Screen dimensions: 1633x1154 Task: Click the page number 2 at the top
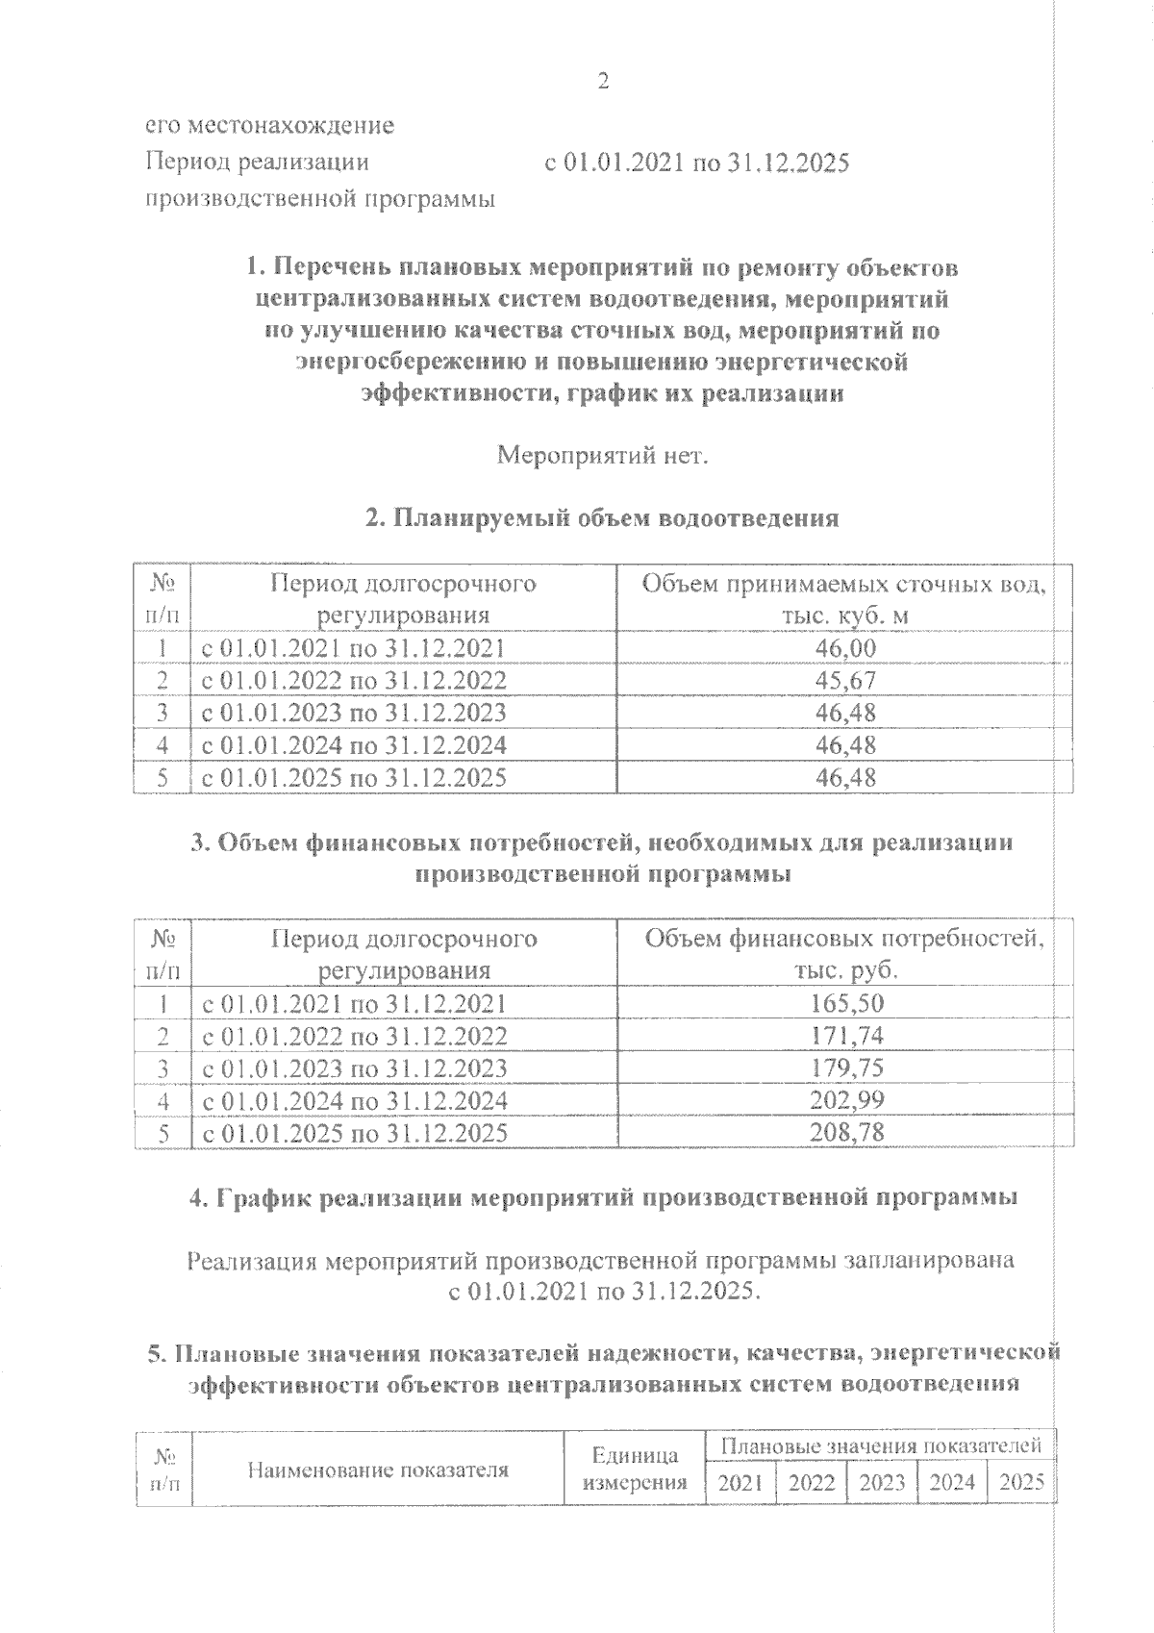[x=603, y=82]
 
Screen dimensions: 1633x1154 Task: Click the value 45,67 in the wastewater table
[x=845, y=681]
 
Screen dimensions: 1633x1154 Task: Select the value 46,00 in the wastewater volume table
[x=845, y=648]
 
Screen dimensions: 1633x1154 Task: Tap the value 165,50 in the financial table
[x=846, y=1004]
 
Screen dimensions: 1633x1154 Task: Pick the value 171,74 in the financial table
[x=846, y=1036]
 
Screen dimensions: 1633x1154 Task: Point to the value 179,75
[x=846, y=1068]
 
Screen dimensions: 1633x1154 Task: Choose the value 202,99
[x=846, y=1100]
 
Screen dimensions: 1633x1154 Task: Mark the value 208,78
[x=846, y=1133]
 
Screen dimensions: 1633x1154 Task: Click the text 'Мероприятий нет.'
[x=602, y=456]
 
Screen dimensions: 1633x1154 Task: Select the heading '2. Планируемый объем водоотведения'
[x=602, y=519]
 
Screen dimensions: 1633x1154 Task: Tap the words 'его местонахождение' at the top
[x=269, y=126]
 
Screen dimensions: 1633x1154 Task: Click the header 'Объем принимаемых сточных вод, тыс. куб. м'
[x=844, y=599]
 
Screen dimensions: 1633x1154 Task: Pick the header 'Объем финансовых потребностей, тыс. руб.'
[x=844, y=954]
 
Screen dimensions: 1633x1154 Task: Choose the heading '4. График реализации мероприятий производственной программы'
[x=602, y=1198]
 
